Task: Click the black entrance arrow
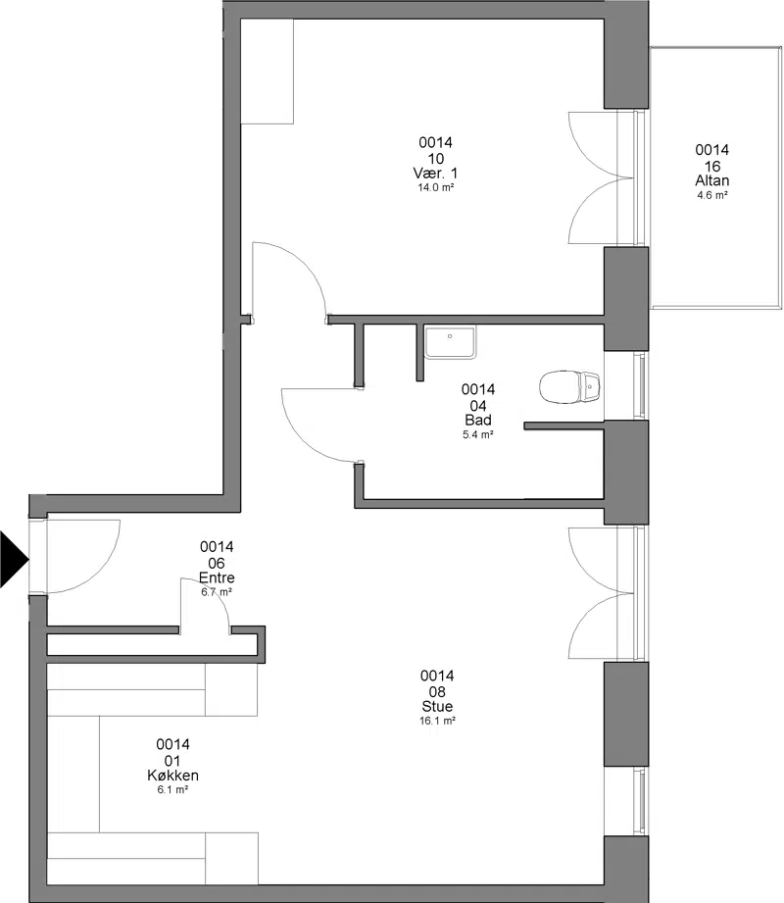pyautogui.click(x=13, y=559)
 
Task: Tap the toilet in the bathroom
pyautogui.click(x=569, y=386)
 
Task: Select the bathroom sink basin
pyautogui.click(x=450, y=342)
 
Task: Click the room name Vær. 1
pyautogui.click(x=436, y=174)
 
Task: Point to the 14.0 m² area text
pyautogui.click(x=436, y=187)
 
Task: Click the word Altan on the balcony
pyautogui.click(x=712, y=180)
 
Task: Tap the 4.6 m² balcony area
pyautogui.click(x=712, y=195)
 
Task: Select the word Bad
pyautogui.click(x=478, y=421)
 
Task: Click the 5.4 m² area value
pyautogui.click(x=478, y=434)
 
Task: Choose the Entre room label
pyautogui.click(x=217, y=577)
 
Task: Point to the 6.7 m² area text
pyautogui.click(x=217, y=592)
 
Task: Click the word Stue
pyautogui.click(x=437, y=707)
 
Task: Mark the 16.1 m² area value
pyautogui.click(x=437, y=721)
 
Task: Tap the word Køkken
pyautogui.click(x=172, y=776)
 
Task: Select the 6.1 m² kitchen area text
pyautogui.click(x=172, y=790)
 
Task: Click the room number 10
pyautogui.click(x=436, y=159)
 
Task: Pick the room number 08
pyautogui.click(x=437, y=691)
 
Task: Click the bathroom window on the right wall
pyautogui.click(x=639, y=385)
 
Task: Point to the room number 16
pyautogui.click(x=712, y=166)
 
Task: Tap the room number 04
pyautogui.click(x=478, y=406)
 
